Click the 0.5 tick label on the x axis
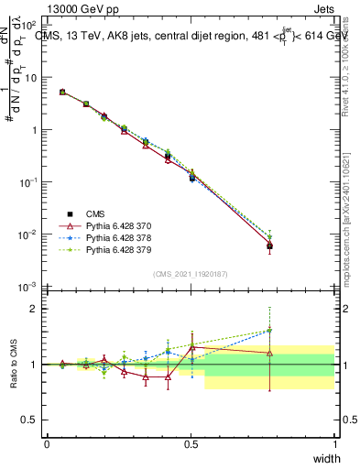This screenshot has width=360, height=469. [191, 443]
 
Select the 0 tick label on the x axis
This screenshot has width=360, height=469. [47, 443]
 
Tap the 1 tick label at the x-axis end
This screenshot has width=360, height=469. [334, 443]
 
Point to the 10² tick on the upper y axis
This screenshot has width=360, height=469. [28, 26]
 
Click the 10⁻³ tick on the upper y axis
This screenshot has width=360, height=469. [28, 287]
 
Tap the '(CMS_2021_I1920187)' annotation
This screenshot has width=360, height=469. [191, 274]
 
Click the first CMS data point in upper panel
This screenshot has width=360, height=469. [62, 92]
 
